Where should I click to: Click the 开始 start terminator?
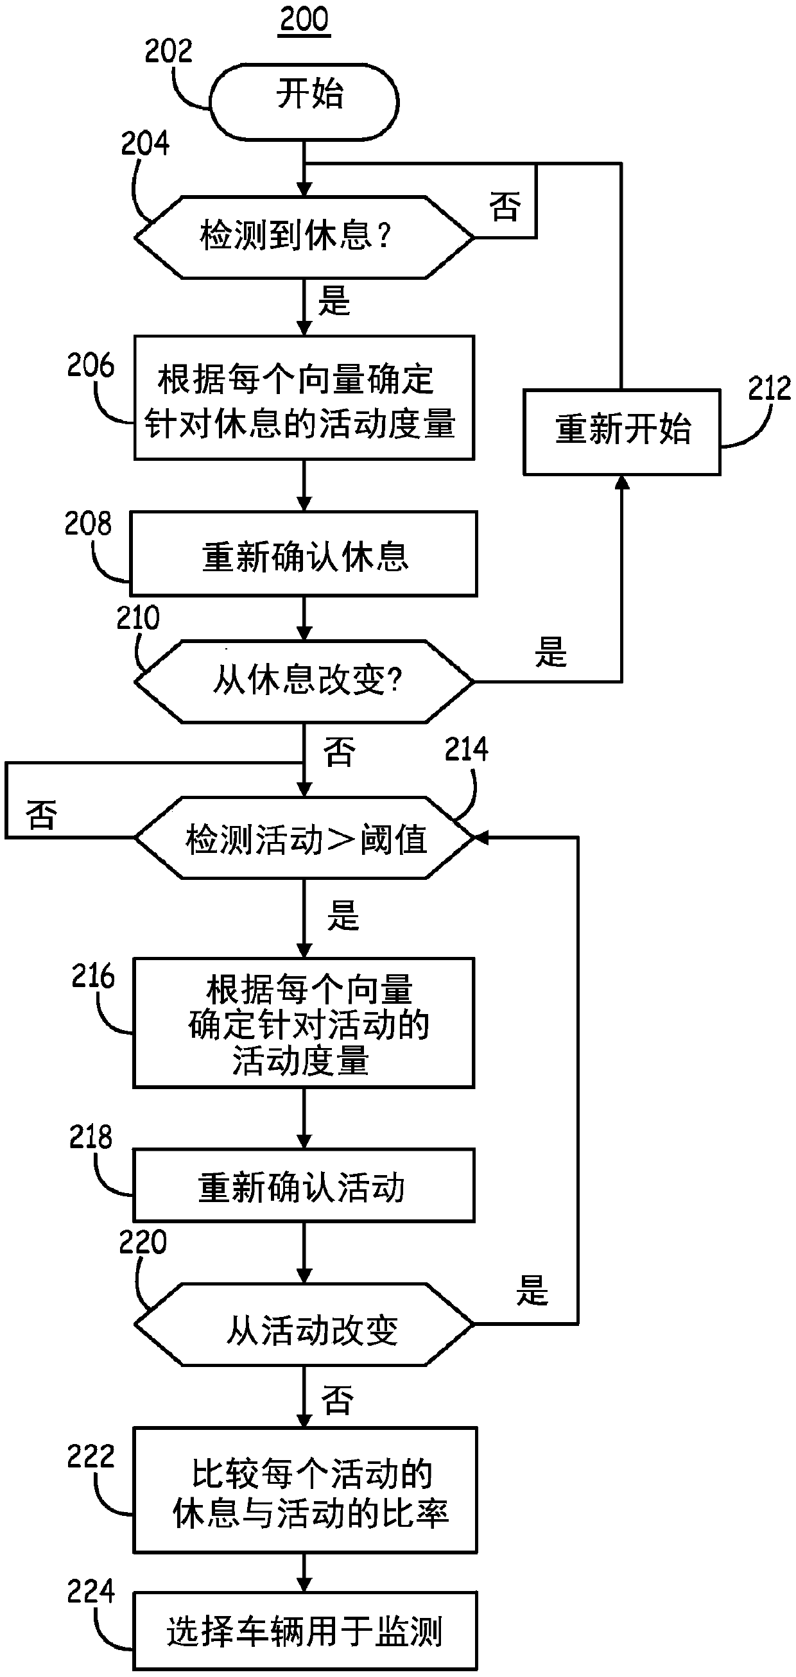(304, 101)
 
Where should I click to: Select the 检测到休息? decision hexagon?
(304, 237)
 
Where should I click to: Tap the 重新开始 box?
(622, 432)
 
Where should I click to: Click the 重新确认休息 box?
(304, 553)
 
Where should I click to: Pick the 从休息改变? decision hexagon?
(304, 682)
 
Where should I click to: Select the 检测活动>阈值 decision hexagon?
(304, 838)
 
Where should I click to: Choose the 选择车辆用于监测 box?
(305, 1631)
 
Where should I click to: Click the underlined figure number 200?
(304, 19)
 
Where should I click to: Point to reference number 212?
(769, 389)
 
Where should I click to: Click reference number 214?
(467, 750)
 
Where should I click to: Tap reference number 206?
(91, 366)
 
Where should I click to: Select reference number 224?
(91, 1591)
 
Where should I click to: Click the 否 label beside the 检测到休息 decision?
(505, 207)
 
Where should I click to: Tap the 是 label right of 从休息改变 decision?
(551, 651)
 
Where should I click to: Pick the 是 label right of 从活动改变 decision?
(532, 1289)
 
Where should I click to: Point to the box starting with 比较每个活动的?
(305, 1490)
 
